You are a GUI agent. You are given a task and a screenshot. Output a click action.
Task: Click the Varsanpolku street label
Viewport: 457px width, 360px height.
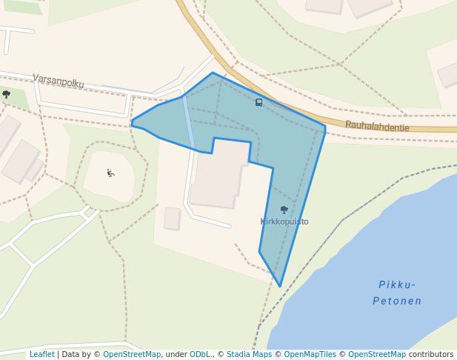pos(58,81)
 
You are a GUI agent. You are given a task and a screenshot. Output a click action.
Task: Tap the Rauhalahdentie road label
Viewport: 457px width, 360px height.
pos(377,127)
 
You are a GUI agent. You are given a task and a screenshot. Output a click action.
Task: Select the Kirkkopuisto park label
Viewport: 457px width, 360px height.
pos(284,221)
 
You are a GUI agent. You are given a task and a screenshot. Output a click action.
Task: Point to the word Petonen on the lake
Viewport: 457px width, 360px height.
pos(397,301)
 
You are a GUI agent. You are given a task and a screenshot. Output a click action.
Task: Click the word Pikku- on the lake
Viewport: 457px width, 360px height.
pos(397,284)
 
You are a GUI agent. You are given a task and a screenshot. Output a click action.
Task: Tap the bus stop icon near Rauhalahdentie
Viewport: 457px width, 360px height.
pos(258,102)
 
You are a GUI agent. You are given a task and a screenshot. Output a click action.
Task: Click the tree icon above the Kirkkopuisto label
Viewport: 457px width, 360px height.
pos(284,210)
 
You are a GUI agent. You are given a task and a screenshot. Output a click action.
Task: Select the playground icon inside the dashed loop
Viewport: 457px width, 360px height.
pos(110,173)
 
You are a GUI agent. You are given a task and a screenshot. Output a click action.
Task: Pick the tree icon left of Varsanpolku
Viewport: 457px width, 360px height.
pos(7,94)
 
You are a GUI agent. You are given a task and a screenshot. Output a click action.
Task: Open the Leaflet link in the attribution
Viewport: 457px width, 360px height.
pos(41,355)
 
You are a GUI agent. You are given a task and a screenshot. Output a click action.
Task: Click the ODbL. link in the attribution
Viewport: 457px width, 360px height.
pos(200,355)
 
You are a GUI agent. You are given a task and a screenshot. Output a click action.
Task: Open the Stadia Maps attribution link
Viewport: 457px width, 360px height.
pos(249,355)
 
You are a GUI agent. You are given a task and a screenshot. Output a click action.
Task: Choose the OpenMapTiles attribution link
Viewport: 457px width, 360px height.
pos(310,355)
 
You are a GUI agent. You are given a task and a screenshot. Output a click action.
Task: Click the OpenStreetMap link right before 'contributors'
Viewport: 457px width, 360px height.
pos(377,355)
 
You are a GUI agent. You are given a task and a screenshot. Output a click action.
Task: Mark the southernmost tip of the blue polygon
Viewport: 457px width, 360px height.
pos(280,287)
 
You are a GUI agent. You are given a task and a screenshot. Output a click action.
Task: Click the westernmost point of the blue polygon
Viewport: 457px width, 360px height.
pos(132,122)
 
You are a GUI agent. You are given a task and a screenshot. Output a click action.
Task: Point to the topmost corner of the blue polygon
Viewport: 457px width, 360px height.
pos(213,73)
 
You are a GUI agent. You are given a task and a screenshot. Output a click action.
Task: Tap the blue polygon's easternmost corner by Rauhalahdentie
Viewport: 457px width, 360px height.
pos(325,128)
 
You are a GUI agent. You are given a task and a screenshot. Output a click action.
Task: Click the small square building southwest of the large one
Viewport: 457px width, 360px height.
pos(172,219)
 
